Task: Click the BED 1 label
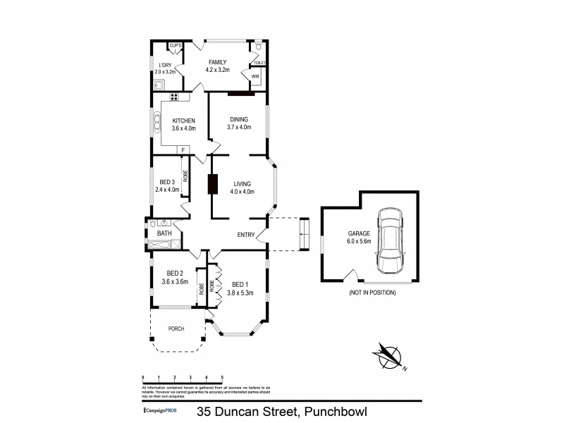pyautogui.click(x=240, y=284)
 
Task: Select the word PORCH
pyautogui.click(x=176, y=329)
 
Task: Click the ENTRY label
pyautogui.click(x=247, y=235)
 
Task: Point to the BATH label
pyautogui.click(x=164, y=233)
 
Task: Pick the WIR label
pyautogui.click(x=255, y=75)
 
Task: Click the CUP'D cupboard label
pyautogui.click(x=176, y=46)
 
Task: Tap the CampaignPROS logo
pyautogui.click(x=166, y=410)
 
